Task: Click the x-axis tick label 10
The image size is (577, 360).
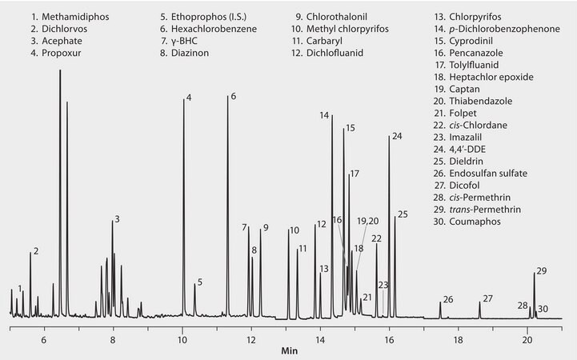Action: pyautogui.click(x=182, y=339)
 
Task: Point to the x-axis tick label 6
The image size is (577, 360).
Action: pyautogui.click(x=44, y=339)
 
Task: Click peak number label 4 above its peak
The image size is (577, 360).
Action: pyautogui.click(x=189, y=98)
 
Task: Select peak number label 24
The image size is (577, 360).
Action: pyautogui.click(x=397, y=136)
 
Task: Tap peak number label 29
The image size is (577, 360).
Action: pyautogui.click(x=542, y=271)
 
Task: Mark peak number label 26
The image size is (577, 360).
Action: pyautogui.click(x=448, y=299)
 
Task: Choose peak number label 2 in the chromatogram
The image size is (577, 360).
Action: pyautogui.click(x=36, y=251)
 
